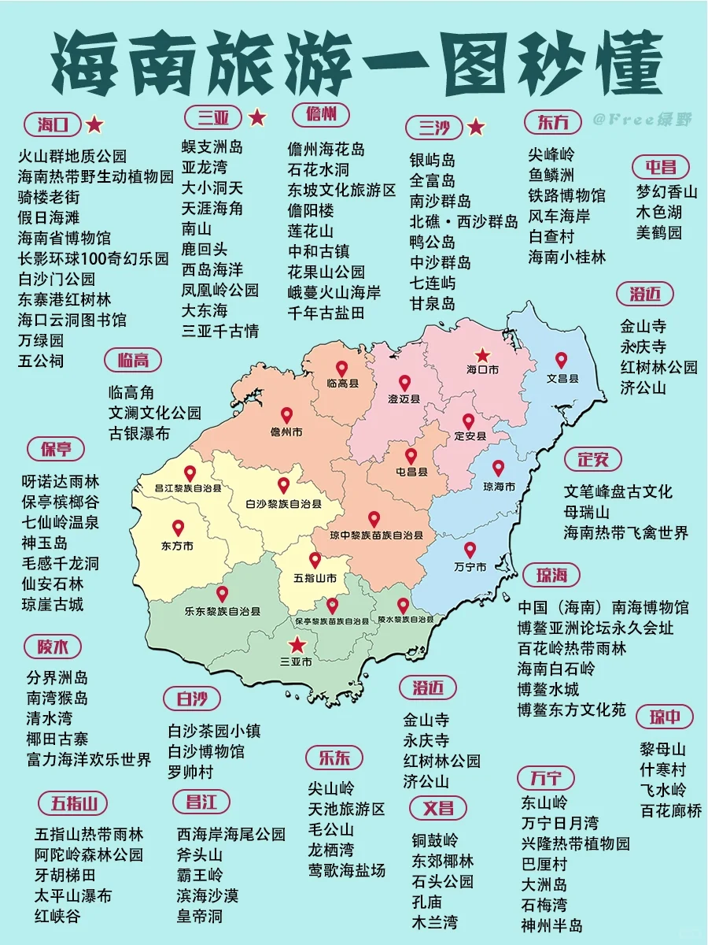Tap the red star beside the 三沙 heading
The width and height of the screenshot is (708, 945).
click(x=475, y=127)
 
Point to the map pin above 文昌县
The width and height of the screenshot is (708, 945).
click(x=561, y=360)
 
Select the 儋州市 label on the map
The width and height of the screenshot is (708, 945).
click(x=286, y=432)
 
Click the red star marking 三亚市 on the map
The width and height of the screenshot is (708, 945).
click(x=297, y=645)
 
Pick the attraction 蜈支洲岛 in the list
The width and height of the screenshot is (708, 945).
click(x=212, y=147)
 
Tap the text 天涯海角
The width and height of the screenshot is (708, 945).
click(x=212, y=209)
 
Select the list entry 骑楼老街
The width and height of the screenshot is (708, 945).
click(x=49, y=196)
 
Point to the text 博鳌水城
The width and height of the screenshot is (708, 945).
click(x=548, y=689)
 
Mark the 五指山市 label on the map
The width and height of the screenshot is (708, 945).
click(x=315, y=579)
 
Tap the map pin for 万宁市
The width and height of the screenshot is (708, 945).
click(x=470, y=550)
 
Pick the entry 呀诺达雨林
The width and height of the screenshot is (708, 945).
click(x=61, y=481)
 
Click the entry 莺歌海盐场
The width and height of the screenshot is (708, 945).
click(x=347, y=870)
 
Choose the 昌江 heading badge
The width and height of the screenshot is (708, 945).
click(x=201, y=802)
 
